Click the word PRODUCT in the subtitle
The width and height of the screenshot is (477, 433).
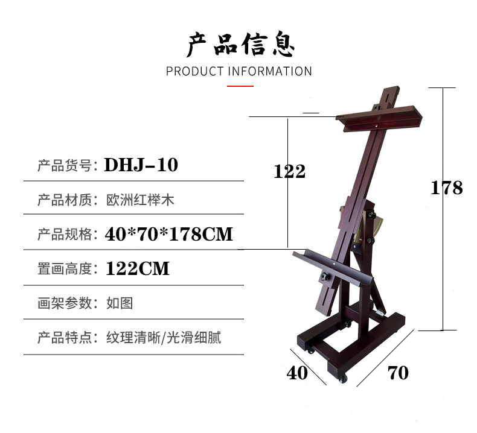coord(195,71)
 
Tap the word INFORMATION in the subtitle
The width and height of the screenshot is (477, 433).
coord(270,71)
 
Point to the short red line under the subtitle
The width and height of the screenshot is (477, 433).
coord(240,86)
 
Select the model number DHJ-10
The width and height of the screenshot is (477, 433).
coord(141,165)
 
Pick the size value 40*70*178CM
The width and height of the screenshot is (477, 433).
coord(168,233)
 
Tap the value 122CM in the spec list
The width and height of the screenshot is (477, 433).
coord(138,268)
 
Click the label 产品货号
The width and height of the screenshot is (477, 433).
coord(64,165)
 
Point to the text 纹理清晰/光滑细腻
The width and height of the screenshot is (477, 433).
coord(164,337)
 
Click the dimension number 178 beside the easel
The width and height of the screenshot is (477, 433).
coord(446,188)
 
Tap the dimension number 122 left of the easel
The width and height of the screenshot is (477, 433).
coord(290,172)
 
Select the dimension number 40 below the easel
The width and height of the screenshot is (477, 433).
coord(297,373)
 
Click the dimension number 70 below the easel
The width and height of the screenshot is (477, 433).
coord(397,373)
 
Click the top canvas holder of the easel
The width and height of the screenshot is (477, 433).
coord(377,118)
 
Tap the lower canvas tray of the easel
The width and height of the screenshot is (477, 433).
coord(332,265)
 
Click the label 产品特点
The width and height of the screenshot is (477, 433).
coord(64,337)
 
